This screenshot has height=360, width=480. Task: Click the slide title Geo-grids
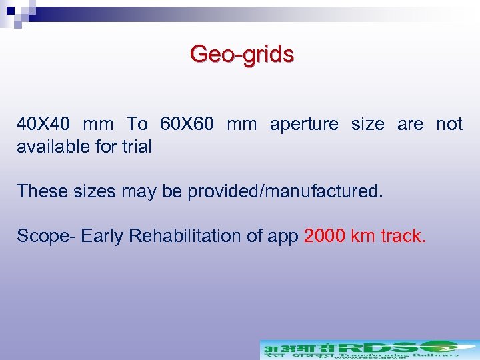(x=241, y=54)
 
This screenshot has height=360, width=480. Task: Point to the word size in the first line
(x=367, y=125)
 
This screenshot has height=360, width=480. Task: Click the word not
(x=449, y=125)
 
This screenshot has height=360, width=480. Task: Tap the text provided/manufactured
(x=285, y=192)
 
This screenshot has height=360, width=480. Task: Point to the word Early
(x=103, y=237)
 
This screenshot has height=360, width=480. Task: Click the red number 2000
(x=323, y=237)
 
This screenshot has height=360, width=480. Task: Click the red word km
(x=362, y=237)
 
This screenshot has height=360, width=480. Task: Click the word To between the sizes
(x=137, y=125)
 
